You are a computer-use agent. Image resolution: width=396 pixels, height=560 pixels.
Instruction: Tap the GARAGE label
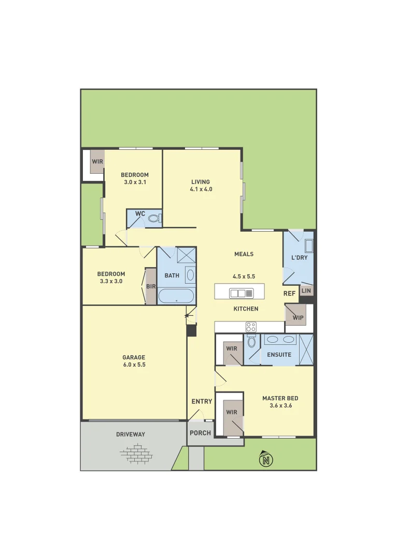[x=134, y=357]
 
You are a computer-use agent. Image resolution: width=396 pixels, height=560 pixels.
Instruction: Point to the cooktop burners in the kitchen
[x=251, y=327]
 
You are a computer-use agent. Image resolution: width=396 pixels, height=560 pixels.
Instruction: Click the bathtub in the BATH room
[x=176, y=297]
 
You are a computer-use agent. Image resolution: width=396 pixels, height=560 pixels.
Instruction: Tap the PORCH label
[x=200, y=433]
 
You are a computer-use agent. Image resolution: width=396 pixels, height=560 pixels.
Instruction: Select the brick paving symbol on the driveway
[x=136, y=455]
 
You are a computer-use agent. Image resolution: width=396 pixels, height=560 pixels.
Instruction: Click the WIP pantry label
[x=298, y=317]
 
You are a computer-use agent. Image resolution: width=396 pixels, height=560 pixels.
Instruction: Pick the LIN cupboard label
[x=306, y=291]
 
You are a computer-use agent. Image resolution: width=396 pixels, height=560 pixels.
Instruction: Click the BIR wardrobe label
[x=151, y=286]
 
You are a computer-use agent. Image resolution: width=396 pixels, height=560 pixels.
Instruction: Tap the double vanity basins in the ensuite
[x=280, y=340]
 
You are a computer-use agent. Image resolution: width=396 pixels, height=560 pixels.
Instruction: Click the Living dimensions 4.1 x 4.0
[x=201, y=189]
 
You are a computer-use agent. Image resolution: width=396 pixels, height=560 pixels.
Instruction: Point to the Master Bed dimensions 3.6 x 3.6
[x=280, y=405]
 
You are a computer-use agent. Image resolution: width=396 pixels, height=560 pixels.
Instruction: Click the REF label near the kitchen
[x=289, y=293]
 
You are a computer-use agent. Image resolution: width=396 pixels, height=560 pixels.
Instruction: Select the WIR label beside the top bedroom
[x=97, y=161]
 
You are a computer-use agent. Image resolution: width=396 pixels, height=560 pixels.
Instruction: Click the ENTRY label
[x=202, y=401]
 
